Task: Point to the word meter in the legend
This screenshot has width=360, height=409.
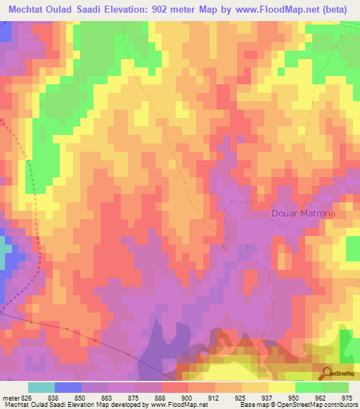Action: click(x=10, y=397)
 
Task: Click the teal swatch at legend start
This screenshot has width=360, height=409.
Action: click(x=41, y=387)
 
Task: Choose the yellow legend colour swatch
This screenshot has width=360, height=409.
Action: click(x=282, y=387)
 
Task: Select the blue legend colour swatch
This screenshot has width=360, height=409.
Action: click(x=68, y=387)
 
